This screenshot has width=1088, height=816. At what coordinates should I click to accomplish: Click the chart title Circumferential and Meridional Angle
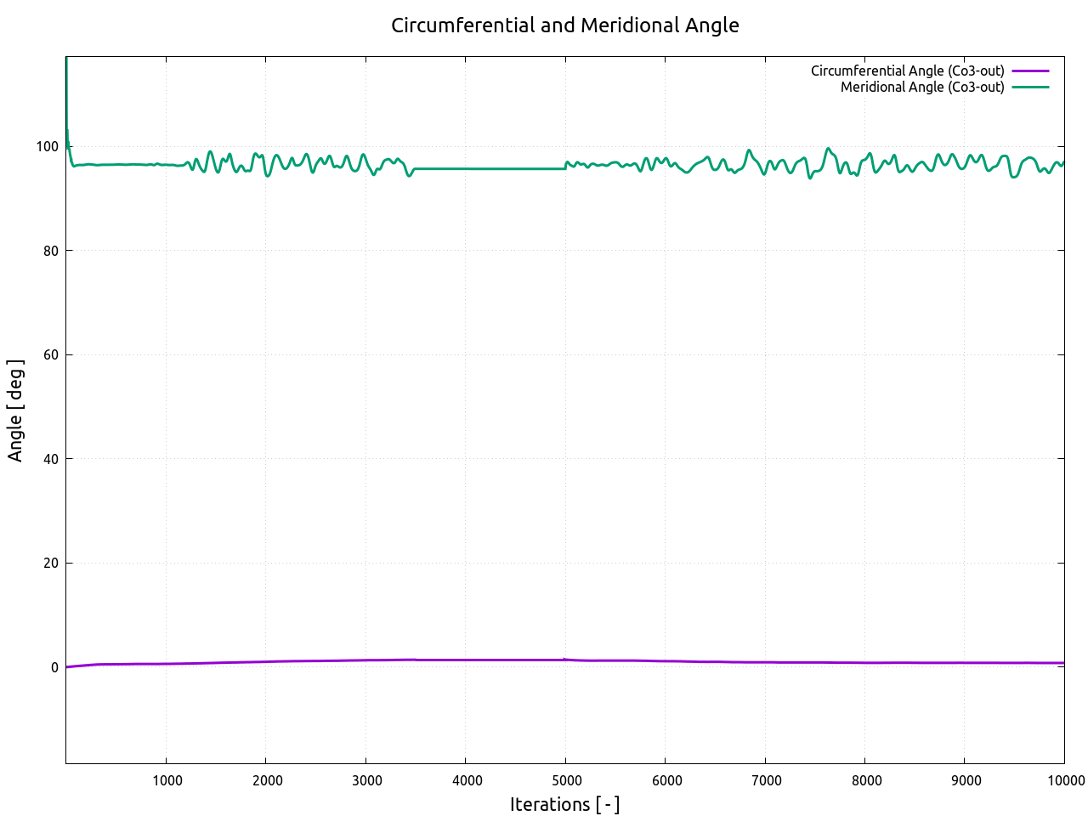(564, 25)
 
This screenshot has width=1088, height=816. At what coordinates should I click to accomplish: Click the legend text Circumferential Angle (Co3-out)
(907, 71)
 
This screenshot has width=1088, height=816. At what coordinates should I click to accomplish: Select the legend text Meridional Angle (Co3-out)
(922, 88)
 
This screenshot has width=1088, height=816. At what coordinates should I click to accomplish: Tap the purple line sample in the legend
(1030, 71)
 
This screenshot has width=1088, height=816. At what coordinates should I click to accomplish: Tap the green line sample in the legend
(1030, 88)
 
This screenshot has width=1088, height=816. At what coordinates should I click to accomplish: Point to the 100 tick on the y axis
(48, 147)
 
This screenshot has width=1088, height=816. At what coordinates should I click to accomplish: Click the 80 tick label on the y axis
(51, 251)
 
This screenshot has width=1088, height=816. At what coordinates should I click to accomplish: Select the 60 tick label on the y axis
(51, 355)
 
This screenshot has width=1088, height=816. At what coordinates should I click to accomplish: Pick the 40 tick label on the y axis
(51, 459)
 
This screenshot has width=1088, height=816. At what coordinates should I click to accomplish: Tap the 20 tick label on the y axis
(51, 564)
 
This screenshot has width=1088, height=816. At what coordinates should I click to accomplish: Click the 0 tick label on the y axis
(54, 667)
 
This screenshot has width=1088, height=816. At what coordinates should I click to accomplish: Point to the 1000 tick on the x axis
(167, 780)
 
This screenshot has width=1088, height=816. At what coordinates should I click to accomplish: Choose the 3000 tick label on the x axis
(367, 780)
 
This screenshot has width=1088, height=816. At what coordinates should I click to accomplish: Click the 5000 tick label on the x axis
(567, 780)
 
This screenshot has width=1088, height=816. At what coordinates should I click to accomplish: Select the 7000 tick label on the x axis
(767, 780)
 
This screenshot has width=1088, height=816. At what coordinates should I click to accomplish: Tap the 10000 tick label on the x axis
(1063, 780)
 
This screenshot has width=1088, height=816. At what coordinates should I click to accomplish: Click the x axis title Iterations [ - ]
(564, 804)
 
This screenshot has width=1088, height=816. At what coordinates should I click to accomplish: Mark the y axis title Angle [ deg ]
(15, 411)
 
